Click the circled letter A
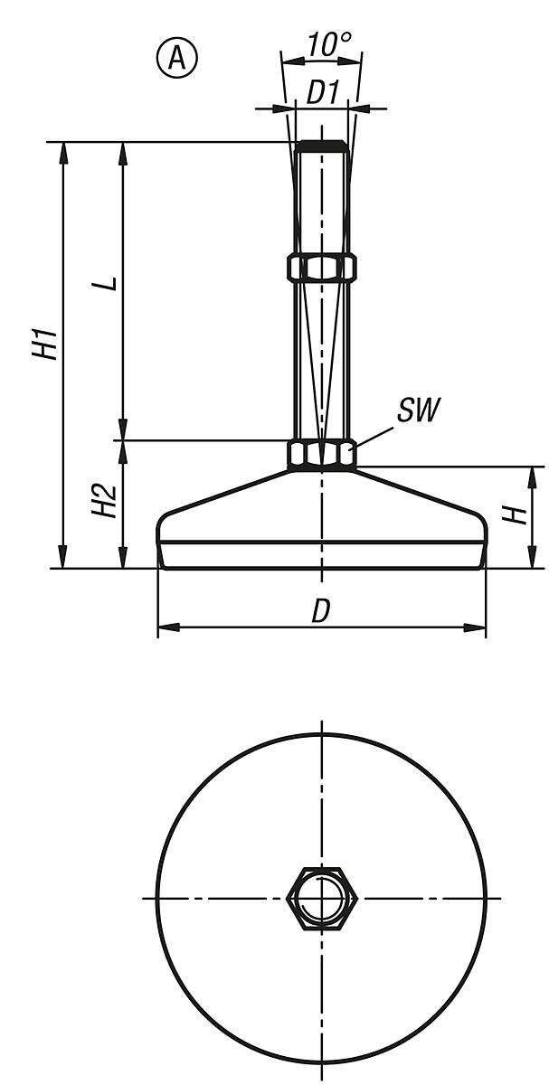pos(177,58)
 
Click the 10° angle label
pos(322,45)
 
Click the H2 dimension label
pos(106,499)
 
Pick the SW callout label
pos(417,411)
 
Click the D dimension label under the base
pos(321,611)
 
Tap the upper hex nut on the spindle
pos(322,268)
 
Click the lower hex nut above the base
pos(322,454)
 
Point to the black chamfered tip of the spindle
pos(322,146)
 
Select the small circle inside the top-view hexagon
pos(322,898)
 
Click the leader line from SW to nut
pos(374,432)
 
